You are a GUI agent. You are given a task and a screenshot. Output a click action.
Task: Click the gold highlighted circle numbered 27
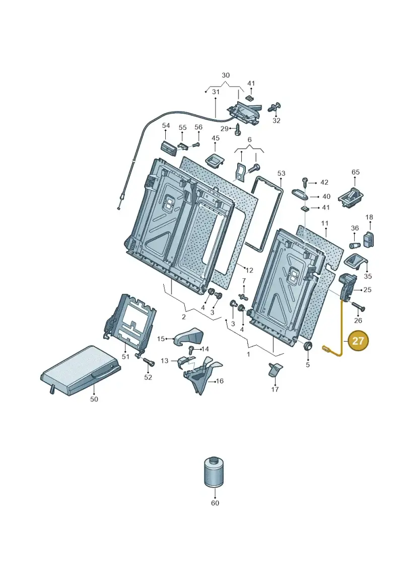pyautogui.click(x=358, y=341)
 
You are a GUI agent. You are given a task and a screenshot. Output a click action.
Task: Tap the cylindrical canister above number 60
pyautogui.click(x=214, y=472)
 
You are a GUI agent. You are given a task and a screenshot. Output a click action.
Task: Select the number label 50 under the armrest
pyautogui.click(x=94, y=399)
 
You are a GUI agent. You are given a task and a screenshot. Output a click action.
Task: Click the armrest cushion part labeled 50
pyautogui.click(x=80, y=370)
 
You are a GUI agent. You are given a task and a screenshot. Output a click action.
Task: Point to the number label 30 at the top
pyautogui.click(x=226, y=75)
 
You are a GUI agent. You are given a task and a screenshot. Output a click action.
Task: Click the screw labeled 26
pyautogui.click(x=358, y=306)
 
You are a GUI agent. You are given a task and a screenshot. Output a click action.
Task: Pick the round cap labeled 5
pyautogui.click(x=308, y=346)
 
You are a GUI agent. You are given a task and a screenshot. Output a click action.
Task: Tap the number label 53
pyautogui.click(x=281, y=174)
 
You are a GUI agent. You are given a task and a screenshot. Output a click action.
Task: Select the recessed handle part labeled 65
pyautogui.click(x=351, y=197)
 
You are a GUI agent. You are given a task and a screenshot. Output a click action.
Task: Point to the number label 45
pyautogui.click(x=216, y=138)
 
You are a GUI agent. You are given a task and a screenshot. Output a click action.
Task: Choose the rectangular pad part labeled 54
pyautogui.click(x=169, y=148)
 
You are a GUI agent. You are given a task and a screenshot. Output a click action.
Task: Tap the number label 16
pyautogui.click(x=220, y=381)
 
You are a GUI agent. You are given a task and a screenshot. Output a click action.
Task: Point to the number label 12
pyautogui.click(x=249, y=270)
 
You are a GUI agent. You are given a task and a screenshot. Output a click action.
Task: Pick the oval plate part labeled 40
pyautogui.click(x=300, y=194)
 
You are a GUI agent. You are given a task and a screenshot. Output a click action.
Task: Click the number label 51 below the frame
pyautogui.click(x=125, y=356)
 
